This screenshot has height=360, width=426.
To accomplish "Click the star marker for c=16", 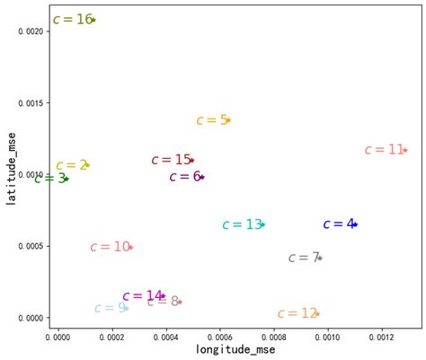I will (x=93, y=19).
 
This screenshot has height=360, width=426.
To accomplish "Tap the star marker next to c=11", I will (x=405, y=150).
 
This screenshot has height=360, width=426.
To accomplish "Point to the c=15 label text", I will (x=170, y=160).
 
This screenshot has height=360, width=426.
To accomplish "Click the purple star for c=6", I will (x=202, y=177).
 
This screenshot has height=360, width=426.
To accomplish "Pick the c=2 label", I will (x=70, y=165).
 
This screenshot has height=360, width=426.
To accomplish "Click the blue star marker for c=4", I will (x=355, y=224).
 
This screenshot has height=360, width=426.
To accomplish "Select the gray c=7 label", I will (x=303, y=258).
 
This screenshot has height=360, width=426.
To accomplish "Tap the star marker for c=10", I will (x=131, y=247).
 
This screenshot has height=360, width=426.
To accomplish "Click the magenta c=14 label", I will (x=141, y=296).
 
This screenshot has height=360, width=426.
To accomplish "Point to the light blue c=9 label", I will (x=109, y=308).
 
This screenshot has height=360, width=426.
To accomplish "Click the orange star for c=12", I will (x=317, y=313).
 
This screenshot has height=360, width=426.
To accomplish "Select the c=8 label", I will (x=162, y=302).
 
